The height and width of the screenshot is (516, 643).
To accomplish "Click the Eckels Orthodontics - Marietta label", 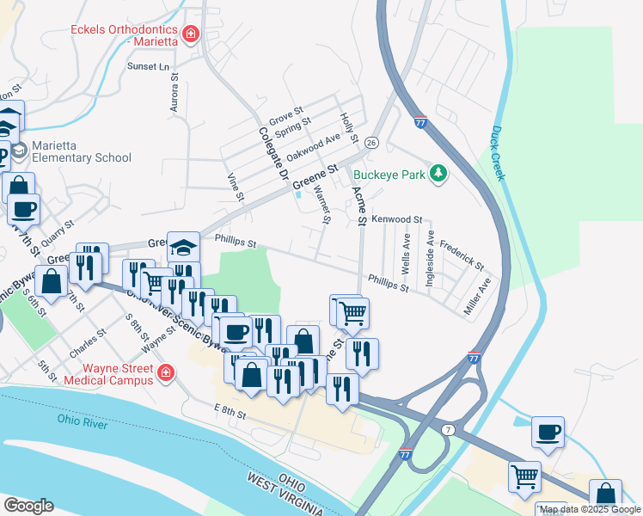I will (x=124, y=35).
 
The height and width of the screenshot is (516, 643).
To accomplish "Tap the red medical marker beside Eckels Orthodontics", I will (x=190, y=35).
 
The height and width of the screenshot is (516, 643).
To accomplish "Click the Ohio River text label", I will (x=87, y=420).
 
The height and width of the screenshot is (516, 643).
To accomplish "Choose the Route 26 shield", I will (x=371, y=142).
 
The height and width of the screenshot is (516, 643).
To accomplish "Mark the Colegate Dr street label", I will (x=273, y=153).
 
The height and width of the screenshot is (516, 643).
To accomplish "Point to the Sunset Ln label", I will (x=150, y=66).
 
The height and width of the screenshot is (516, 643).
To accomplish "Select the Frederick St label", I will (x=462, y=254).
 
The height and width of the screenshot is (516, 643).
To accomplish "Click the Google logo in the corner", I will (x=28, y=506).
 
